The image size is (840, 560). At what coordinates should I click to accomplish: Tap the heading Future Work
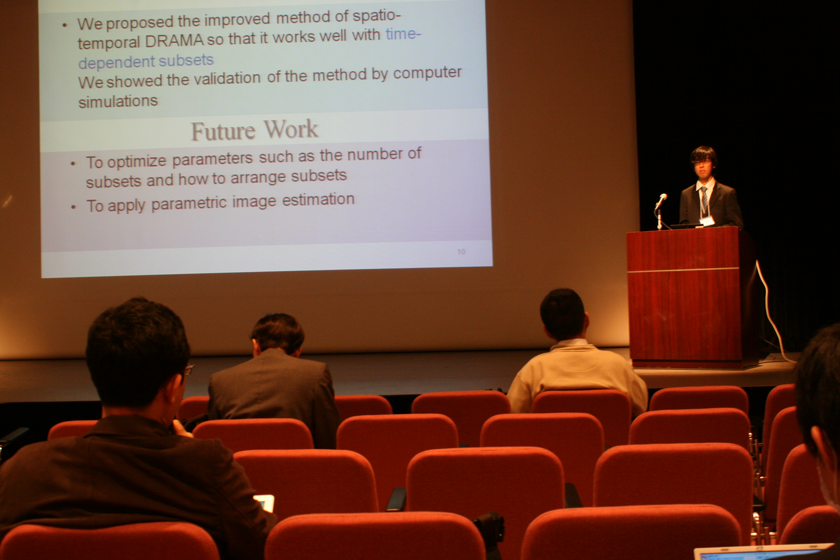254,130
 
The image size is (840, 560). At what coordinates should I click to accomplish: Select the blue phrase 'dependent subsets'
146,61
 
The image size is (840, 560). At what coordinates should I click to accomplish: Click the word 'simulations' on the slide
118,101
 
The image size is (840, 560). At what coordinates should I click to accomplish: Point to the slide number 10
461,252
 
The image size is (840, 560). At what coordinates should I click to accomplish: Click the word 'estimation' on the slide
318,199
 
